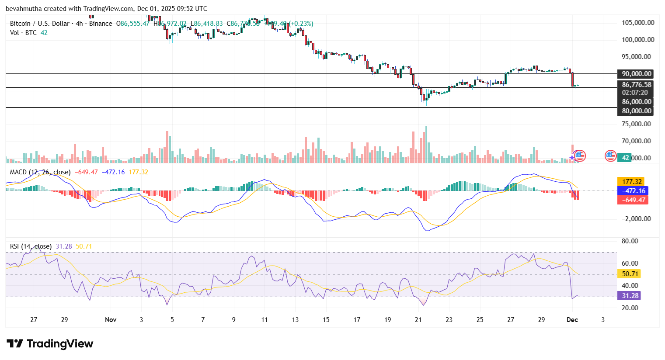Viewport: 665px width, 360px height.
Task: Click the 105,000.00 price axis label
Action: pos(638,23)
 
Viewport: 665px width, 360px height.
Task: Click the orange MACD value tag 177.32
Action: pos(632,182)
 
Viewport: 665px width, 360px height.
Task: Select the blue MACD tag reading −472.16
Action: pos(632,191)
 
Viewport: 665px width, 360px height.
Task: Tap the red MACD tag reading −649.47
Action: pos(632,200)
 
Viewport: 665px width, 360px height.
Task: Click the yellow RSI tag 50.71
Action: pos(630,274)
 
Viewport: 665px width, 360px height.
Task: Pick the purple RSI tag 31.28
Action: pos(630,296)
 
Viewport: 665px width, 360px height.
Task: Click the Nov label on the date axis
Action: pos(111,320)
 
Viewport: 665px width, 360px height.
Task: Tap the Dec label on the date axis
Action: pos(572,320)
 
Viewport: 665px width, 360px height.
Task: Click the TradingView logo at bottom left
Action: pos(50,344)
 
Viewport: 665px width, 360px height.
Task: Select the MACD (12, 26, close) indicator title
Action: pos(40,172)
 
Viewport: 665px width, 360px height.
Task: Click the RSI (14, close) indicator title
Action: pos(31,246)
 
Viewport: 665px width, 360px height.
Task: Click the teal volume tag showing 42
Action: pos(626,158)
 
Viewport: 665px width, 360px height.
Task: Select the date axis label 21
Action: pos(418,320)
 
